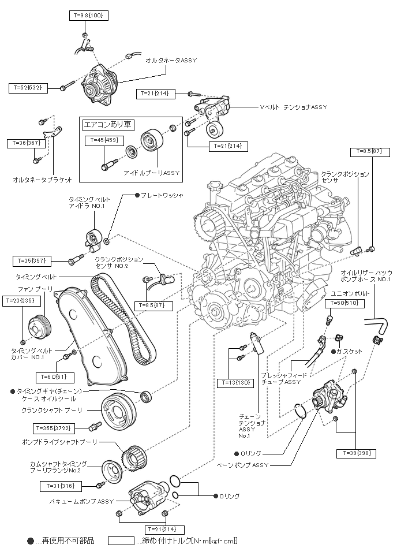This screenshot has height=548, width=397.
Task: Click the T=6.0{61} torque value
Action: tap(54, 376)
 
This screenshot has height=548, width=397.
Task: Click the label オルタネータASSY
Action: tap(171, 59)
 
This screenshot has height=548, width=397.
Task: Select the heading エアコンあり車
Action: tap(108, 124)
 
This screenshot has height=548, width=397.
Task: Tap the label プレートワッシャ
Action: tap(162, 195)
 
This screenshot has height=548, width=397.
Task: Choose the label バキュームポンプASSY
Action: tap(81, 501)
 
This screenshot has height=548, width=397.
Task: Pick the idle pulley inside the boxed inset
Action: tap(151, 140)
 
